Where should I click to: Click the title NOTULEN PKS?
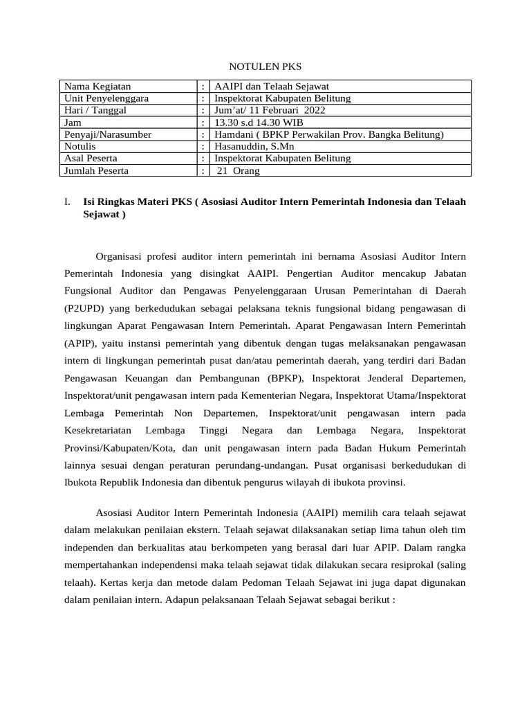coord(265,66)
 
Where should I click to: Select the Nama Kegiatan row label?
coord(97,87)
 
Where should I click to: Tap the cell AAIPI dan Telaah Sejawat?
coord(272,87)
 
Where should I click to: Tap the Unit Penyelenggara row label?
coord(106,98)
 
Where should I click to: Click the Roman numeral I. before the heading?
coord(67,202)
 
